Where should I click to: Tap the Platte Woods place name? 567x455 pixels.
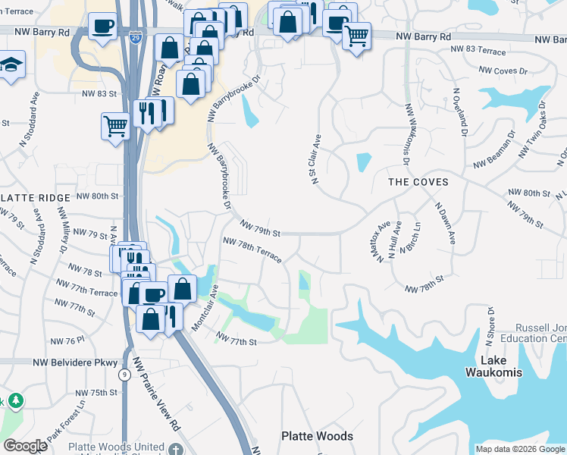point(317,436)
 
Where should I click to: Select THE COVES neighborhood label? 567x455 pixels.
point(418,182)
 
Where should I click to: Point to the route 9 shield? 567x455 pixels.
point(124,374)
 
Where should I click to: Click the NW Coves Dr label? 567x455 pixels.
point(500,71)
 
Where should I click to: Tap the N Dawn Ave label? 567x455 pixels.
point(444,221)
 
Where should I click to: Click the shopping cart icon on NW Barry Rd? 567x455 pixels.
point(356,35)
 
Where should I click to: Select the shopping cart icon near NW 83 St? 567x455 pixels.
point(115,126)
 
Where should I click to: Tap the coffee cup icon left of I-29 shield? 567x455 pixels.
point(102,27)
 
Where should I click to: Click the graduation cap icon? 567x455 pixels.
point(11,66)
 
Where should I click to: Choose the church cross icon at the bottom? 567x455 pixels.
point(177,447)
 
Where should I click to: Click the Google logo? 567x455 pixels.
point(25,446)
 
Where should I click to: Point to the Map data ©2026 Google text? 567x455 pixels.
point(519,449)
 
